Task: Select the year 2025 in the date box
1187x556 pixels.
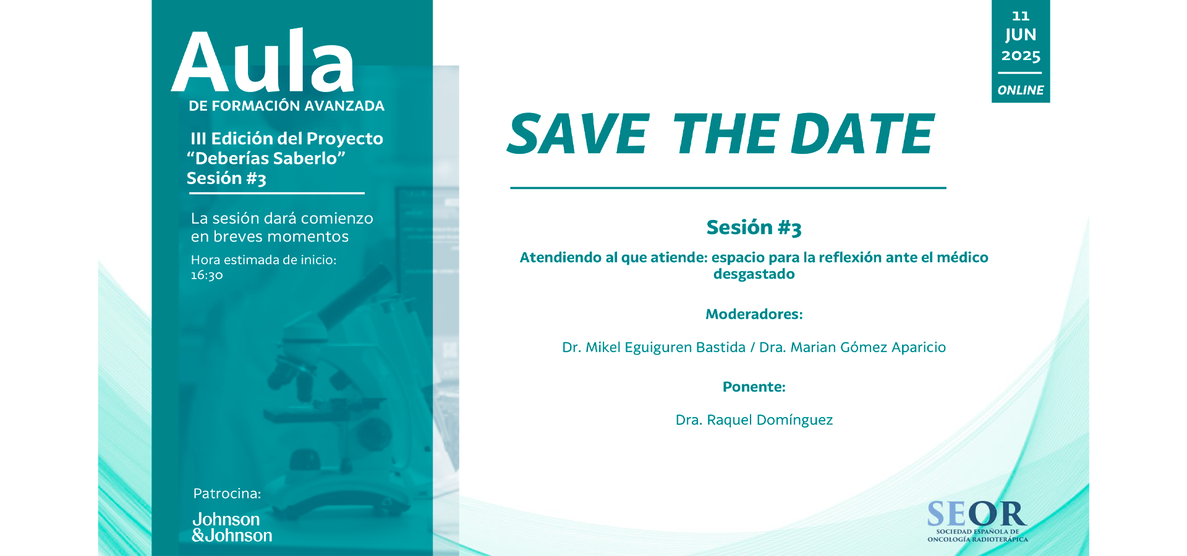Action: point(1021,56)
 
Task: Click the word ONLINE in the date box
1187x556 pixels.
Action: point(1021,90)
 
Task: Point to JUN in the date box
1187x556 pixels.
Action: point(1021,35)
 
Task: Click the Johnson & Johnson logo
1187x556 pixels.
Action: point(232,527)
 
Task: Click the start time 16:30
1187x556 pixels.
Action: point(206,276)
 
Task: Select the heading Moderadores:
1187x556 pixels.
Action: point(754,314)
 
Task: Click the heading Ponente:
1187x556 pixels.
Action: point(754,387)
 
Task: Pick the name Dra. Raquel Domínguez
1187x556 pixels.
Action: point(754,421)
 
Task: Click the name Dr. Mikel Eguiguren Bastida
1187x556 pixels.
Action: point(653,348)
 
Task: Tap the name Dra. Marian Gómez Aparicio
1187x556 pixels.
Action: point(853,348)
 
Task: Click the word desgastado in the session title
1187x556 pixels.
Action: point(754,274)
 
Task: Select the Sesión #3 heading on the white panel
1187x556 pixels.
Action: point(754,228)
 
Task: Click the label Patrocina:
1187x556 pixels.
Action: point(227,494)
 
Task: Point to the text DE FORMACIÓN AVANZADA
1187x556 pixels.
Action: point(286,106)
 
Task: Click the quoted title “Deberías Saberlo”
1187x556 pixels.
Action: point(266,159)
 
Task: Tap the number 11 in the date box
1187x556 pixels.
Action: point(1021,17)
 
